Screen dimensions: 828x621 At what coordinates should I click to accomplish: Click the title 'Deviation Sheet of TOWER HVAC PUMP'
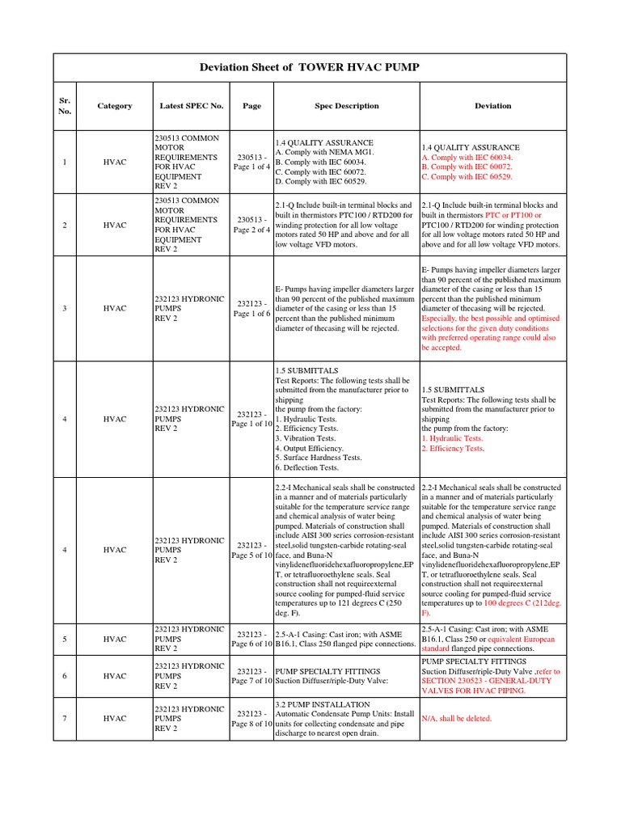click(310, 67)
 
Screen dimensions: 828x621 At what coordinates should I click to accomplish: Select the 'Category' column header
click(114, 106)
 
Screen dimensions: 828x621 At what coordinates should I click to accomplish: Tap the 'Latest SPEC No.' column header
click(191, 106)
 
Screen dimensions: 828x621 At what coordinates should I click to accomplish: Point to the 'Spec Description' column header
click(346, 106)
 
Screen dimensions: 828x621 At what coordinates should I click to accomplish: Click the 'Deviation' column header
click(492, 106)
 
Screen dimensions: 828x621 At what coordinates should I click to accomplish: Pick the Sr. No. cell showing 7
click(65, 718)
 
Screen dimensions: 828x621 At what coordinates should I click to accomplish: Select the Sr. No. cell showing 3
click(65, 308)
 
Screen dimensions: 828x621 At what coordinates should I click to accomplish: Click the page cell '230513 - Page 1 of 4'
click(251, 162)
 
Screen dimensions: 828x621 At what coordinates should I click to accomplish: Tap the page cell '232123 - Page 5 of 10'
click(251, 550)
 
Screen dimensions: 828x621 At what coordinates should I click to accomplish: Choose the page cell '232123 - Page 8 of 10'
click(251, 718)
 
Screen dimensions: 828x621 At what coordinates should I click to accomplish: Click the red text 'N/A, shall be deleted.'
click(456, 718)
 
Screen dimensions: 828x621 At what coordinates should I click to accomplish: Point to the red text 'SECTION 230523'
click(456, 681)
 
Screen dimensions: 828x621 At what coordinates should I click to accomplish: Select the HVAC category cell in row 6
click(114, 676)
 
